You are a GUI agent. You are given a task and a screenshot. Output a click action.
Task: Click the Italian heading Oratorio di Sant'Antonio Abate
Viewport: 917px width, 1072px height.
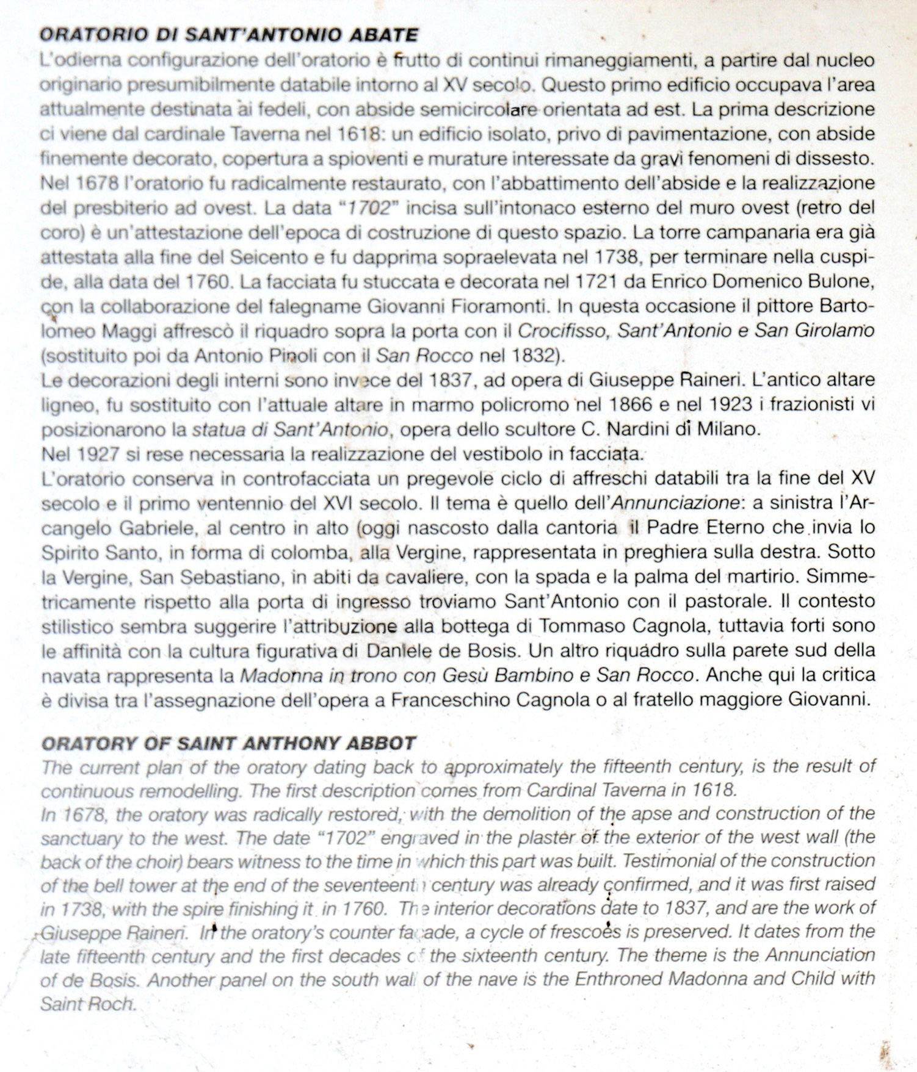click(x=228, y=34)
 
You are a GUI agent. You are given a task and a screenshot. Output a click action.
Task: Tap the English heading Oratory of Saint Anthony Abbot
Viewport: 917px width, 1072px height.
click(x=228, y=743)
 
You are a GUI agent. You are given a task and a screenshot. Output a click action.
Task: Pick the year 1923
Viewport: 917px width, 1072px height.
click(x=731, y=405)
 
